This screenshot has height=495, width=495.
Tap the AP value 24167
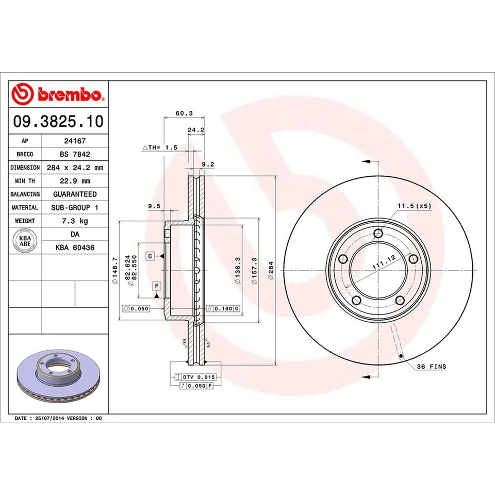pos(74,140)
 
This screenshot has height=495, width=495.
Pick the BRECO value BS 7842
pos(74,154)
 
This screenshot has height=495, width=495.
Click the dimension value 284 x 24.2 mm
pos(74,167)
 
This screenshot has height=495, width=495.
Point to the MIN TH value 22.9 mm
pos(74,180)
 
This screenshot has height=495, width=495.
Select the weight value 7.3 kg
pos(74,221)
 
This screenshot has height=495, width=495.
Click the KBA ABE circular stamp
pos(24,241)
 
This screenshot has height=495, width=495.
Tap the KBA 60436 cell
pos(74,247)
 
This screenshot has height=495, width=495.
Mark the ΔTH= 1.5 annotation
pos(160,147)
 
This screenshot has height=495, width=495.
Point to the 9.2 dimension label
pos(207,164)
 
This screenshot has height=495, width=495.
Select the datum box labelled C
pos(150,256)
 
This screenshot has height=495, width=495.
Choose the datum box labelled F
pos(155,285)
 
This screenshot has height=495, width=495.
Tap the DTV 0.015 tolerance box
pos(198,377)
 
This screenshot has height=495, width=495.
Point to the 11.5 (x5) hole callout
pos(414,206)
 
